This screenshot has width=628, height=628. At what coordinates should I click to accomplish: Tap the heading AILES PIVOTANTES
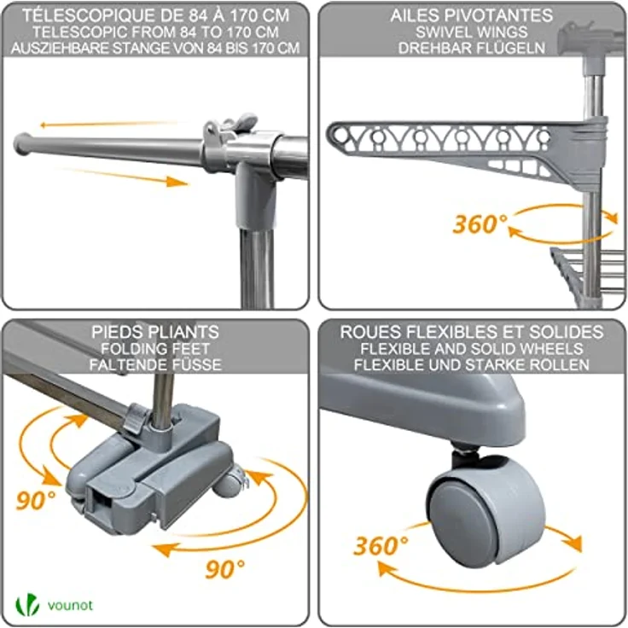[x=471, y=15]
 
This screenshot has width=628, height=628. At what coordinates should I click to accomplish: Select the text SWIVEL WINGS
[x=471, y=32]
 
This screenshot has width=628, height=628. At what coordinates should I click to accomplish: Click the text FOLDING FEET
[x=155, y=348]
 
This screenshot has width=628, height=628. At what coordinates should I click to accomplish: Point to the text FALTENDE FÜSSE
[x=155, y=364]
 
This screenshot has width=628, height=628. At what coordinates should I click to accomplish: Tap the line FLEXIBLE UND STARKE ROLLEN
[x=471, y=365]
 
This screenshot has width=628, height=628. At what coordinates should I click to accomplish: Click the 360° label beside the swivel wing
[x=480, y=224]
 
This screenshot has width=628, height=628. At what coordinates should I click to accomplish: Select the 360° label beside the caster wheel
[x=381, y=545]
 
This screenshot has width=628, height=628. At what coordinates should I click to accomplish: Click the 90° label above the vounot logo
[x=36, y=500]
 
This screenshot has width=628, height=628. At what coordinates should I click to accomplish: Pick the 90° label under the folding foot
[x=224, y=569]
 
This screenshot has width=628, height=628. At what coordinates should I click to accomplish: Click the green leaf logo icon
[x=27, y=604]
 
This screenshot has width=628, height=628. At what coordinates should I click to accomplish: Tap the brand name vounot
[x=70, y=605]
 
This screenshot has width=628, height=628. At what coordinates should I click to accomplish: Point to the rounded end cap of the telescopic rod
[x=20, y=143]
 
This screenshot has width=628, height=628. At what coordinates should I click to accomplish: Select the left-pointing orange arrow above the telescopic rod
[x=108, y=125]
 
